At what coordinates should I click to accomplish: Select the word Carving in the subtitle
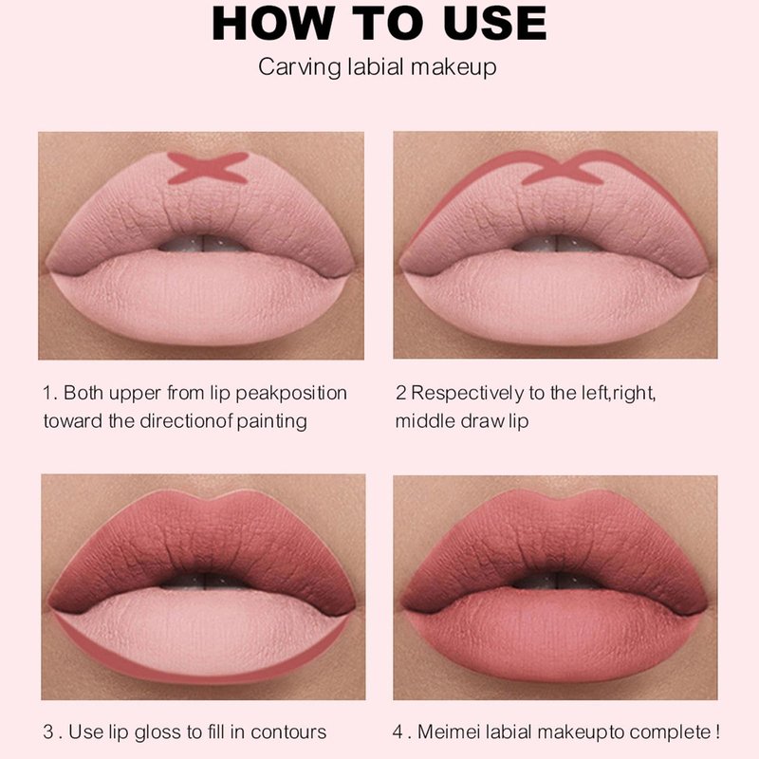(300, 67)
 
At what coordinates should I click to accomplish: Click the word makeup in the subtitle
(454, 67)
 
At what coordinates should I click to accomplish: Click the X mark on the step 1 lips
(208, 168)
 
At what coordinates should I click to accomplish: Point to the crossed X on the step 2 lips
(562, 168)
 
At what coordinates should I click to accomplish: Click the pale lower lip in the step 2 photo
(552, 300)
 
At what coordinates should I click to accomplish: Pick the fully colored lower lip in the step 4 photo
(552, 639)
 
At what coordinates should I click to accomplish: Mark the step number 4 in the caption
(398, 731)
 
